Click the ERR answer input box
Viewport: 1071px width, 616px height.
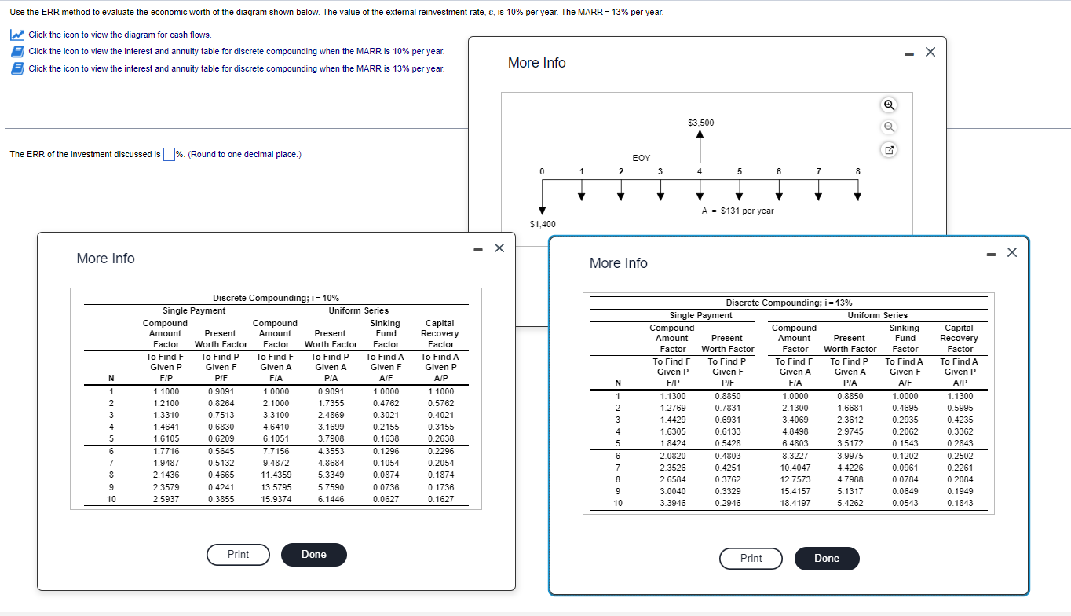(168, 154)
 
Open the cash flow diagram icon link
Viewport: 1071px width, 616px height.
(16, 35)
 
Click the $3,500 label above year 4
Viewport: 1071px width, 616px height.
(700, 123)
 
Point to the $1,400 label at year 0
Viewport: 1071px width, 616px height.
(543, 224)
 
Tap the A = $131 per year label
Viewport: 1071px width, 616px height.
(737, 211)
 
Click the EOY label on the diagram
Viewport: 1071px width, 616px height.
(641, 158)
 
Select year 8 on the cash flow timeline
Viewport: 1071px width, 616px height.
(857, 171)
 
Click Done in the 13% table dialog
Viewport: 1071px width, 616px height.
(826, 559)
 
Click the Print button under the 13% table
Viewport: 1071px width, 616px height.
(751, 559)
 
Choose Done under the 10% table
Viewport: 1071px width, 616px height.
(313, 555)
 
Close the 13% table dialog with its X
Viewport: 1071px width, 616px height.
(1011, 252)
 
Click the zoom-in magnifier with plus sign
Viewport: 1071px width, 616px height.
(889, 105)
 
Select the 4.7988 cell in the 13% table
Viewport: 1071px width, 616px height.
(850, 479)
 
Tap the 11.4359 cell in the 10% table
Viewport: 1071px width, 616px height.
(276, 476)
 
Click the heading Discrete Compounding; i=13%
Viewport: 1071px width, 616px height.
(789, 302)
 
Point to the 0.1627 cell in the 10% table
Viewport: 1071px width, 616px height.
(440, 500)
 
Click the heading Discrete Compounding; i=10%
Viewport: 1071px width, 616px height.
(276, 298)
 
